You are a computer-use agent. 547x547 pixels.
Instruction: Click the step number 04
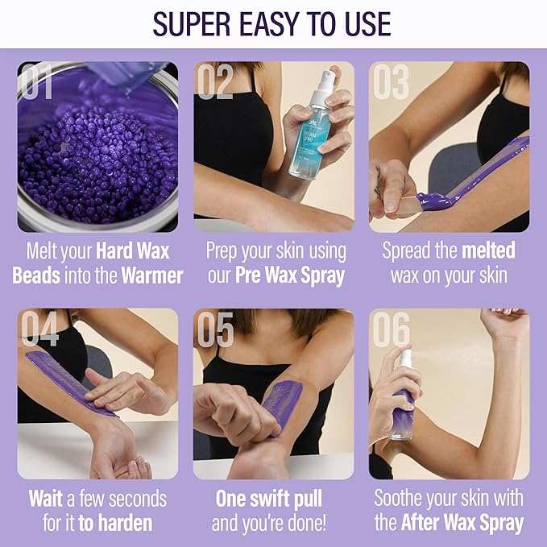click(40, 329)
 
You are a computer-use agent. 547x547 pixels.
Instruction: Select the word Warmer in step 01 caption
click(152, 276)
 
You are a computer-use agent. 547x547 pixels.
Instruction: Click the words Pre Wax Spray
click(289, 276)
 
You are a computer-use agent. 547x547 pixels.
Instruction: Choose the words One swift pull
click(273, 499)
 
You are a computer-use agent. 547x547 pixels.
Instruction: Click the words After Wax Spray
click(462, 524)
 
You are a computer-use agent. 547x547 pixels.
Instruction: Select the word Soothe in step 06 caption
click(404, 499)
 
